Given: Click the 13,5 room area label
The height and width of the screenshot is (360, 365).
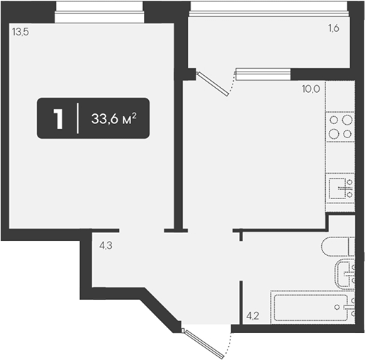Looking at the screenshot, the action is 21,32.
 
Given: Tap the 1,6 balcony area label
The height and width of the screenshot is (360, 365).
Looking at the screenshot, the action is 333,28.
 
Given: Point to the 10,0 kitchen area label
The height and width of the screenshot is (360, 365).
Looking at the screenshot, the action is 310,89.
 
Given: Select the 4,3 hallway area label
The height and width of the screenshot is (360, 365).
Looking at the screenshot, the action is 106,246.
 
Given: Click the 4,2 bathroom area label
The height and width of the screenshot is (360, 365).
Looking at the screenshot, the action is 252,315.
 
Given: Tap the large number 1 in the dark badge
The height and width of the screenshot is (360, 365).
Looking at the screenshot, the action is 58,119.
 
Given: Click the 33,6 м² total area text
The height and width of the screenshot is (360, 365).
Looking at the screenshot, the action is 114,118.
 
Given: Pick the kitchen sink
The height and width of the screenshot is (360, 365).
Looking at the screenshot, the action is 340,189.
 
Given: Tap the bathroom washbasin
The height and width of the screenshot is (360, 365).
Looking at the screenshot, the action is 345,274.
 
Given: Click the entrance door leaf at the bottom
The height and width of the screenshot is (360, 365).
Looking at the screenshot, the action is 205,344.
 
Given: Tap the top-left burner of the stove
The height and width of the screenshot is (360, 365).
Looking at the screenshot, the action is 334,120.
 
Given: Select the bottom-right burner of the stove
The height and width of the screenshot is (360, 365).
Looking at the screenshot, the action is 347,134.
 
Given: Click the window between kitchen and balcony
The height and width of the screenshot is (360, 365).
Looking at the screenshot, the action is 263,74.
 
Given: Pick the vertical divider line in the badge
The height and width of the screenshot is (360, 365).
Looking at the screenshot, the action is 77,118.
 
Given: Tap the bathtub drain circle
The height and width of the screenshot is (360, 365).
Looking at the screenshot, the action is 337,307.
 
